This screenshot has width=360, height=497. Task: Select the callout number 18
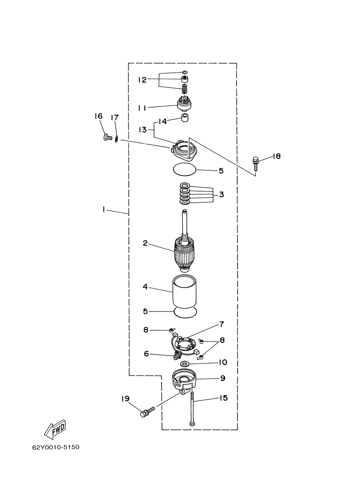[276, 156]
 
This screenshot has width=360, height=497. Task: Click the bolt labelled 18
[256, 164]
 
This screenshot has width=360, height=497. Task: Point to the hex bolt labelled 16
[108, 137]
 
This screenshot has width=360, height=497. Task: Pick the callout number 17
[115, 118]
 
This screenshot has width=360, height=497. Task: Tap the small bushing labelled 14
[185, 118]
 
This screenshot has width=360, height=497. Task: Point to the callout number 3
[222, 195]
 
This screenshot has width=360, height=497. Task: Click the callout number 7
[222, 324]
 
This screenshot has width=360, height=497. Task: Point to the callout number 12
[142, 80]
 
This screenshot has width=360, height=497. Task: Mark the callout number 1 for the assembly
[104, 209]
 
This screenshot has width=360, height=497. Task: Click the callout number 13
[143, 130]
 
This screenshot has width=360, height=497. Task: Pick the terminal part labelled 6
[177, 356]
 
